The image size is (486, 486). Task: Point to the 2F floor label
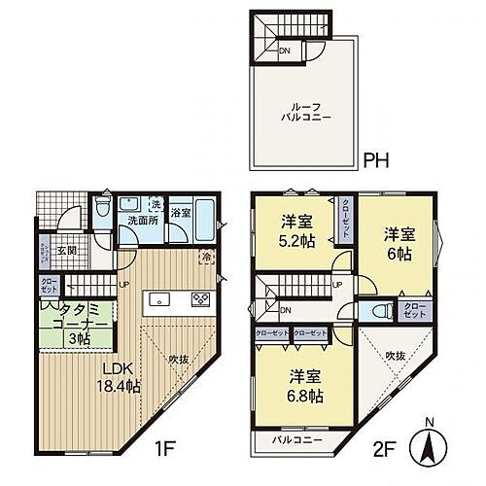click(x=387, y=452)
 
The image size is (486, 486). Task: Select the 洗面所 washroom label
click(x=140, y=221)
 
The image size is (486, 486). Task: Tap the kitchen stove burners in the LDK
click(x=202, y=297)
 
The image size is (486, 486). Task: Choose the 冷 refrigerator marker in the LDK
click(x=206, y=257)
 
